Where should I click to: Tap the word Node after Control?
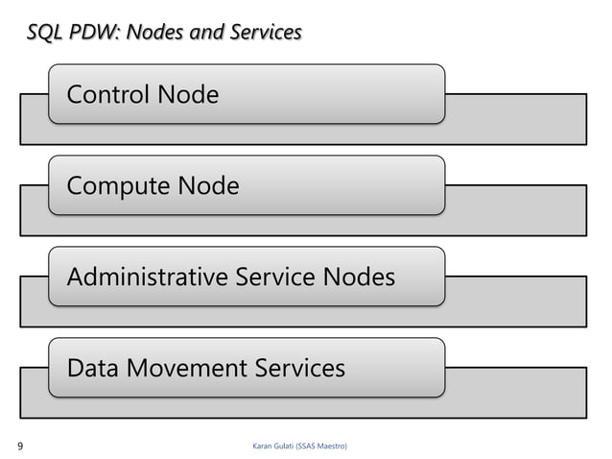click(187, 95)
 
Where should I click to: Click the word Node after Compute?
click(206, 185)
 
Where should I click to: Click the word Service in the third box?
click(270, 278)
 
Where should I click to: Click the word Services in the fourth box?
click(296, 368)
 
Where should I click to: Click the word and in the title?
click(204, 34)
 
